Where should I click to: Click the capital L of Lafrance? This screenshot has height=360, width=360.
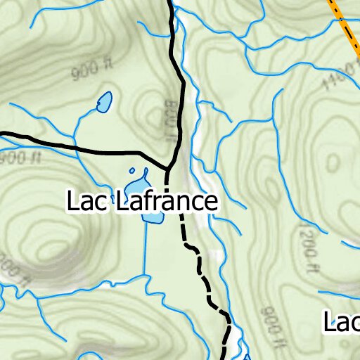tap(121, 202)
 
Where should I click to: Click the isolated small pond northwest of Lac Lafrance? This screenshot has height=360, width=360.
tap(104, 103)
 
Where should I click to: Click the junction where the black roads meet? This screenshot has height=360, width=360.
tap(169, 169)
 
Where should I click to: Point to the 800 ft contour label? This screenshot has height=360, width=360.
tap(171, 120)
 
